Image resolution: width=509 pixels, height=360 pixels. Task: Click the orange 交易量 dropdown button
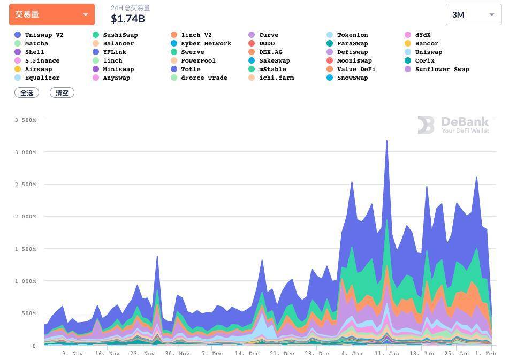[51, 14]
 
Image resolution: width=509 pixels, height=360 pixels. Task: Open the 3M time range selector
[473, 15]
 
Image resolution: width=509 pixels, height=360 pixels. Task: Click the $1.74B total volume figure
[127, 19]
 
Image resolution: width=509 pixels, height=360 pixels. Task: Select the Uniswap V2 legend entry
[43, 35]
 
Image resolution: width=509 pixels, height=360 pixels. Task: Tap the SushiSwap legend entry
[120, 35]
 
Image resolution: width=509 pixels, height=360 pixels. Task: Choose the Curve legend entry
[268, 35]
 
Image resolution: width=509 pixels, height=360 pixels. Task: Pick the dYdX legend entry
[422, 35]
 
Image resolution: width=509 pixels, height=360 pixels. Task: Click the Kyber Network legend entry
[206, 43]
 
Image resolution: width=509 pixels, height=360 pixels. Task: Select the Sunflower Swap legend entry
[442, 69]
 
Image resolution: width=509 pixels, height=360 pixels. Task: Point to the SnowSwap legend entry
[352, 78]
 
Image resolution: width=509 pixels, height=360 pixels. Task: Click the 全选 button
[27, 93]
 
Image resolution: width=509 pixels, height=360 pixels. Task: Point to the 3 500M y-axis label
[26, 120]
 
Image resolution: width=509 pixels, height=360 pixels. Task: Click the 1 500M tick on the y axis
[26, 249]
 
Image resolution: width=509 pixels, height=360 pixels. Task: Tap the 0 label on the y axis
[33, 346]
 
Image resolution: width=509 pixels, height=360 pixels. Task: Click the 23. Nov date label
[142, 354]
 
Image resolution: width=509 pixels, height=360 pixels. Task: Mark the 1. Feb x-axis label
[485, 354]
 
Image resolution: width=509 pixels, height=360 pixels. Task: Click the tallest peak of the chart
[386, 141]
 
